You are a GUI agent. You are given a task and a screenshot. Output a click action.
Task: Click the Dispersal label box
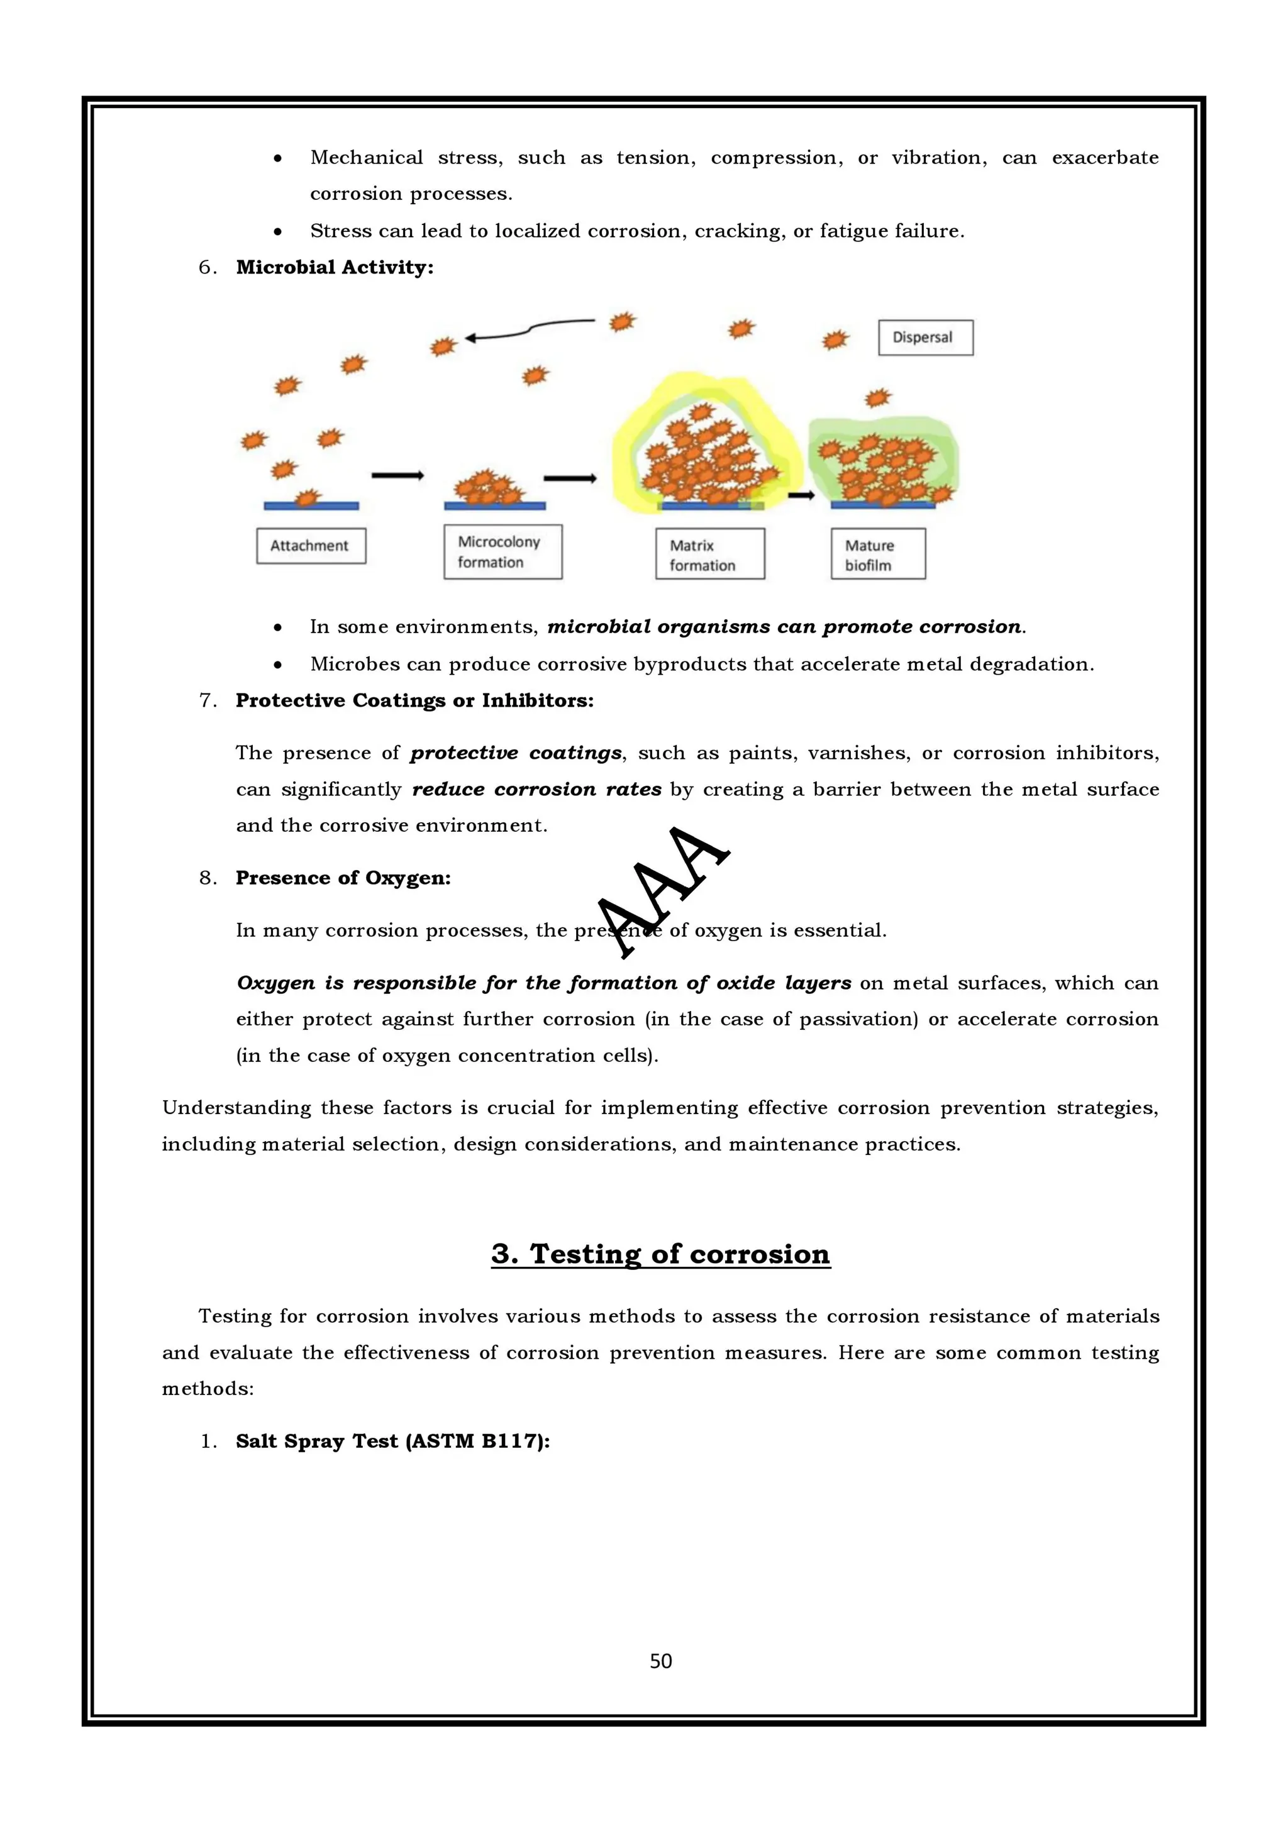[924, 337]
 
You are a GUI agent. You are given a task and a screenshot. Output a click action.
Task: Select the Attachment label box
[310, 546]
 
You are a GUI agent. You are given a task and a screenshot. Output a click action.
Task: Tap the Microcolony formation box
[502, 551]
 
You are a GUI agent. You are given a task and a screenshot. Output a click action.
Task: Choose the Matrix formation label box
[709, 555]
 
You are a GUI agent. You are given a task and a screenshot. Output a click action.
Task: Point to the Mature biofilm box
[878, 555]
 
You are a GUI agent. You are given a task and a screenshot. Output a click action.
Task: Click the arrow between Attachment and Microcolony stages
[397, 476]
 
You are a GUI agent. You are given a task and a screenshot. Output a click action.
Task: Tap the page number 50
[660, 1661]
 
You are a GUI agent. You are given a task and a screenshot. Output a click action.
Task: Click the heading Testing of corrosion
[660, 1254]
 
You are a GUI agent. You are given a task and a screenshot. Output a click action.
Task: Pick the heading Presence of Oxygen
[343, 878]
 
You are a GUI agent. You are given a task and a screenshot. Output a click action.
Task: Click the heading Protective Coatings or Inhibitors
[414, 701]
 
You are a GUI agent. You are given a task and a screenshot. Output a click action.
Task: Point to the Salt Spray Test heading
[393, 1441]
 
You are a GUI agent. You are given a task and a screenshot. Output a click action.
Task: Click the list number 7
[206, 701]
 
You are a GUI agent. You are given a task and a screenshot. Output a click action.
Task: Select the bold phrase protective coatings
[516, 753]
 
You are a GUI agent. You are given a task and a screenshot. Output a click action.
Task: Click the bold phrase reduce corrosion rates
[536, 790]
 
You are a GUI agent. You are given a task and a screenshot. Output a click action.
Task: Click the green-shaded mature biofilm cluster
[883, 464]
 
